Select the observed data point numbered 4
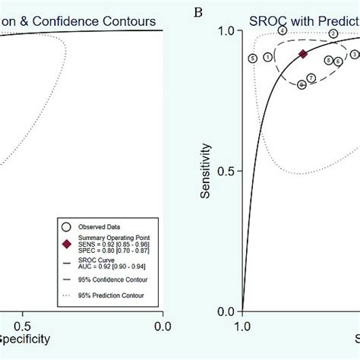(x=282, y=30)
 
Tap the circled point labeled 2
(x=333, y=34)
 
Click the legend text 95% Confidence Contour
(x=113, y=280)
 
